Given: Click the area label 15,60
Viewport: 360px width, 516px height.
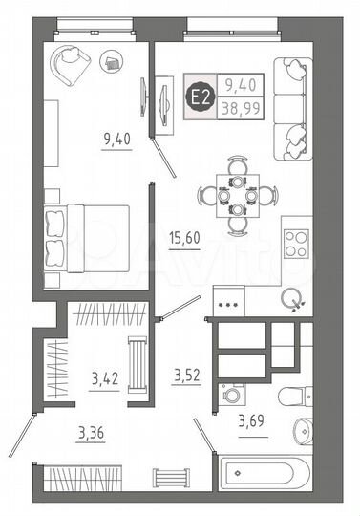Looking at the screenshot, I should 185,243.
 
